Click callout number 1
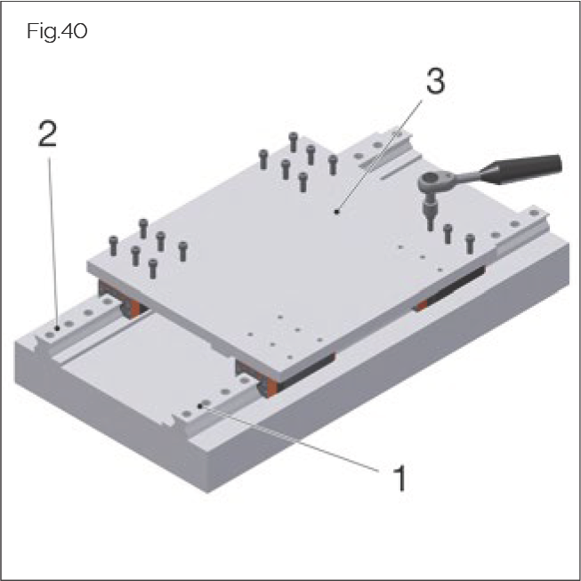tap(399, 478)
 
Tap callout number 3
tap(433, 83)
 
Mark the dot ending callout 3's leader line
tap(336, 212)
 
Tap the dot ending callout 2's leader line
tap(55, 327)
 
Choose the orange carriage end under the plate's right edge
tap(420, 305)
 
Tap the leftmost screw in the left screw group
tap(113, 242)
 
